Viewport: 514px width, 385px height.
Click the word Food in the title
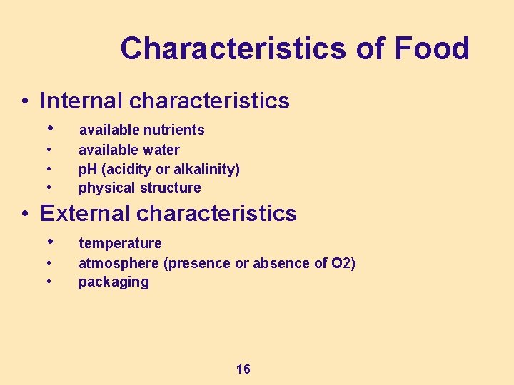pyautogui.click(x=430, y=48)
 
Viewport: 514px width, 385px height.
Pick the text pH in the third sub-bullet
pyautogui.click(x=87, y=169)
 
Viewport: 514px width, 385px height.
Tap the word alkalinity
pyautogui.click(x=206, y=169)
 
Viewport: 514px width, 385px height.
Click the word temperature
pyautogui.click(x=120, y=243)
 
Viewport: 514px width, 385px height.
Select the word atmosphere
pyautogui.click(x=119, y=263)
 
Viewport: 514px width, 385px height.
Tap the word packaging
pyautogui.click(x=114, y=282)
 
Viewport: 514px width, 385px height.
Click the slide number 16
pyautogui.click(x=243, y=369)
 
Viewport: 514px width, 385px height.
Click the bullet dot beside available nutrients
pyautogui.click(x=49, y=128)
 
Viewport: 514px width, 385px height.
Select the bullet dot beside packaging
pyautogui.click(x=49, y=281)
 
